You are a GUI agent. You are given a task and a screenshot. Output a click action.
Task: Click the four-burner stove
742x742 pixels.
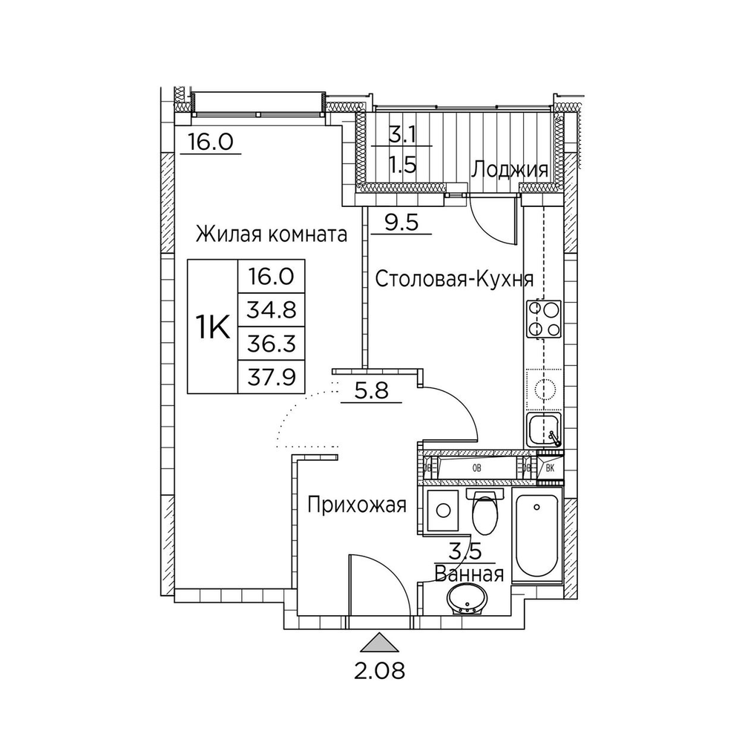(x=543, y=319)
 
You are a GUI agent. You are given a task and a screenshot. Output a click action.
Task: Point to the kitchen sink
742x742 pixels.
(x=543, y=430)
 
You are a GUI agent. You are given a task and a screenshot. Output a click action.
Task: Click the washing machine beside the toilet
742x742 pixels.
(x=442, y=510)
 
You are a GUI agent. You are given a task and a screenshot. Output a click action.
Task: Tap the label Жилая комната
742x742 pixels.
(x=272, y=234)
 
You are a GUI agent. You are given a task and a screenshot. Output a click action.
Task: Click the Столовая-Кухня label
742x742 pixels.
(x=454, y=279)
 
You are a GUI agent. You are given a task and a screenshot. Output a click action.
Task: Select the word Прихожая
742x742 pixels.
(x=357, y=505)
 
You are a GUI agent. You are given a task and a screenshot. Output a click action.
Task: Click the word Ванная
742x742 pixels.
(x=469, y=574)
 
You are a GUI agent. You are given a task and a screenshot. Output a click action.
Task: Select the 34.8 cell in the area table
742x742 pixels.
(x=272, y=310)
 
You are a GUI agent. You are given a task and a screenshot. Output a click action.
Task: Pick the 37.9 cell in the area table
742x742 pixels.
(x=272, y=377)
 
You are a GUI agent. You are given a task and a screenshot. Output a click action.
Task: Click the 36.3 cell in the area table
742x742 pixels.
(x=272, y=344)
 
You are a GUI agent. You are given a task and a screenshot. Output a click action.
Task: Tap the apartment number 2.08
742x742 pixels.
(x=379, y=671)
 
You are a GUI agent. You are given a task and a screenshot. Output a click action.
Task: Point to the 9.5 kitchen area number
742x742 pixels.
(x=401, y=222)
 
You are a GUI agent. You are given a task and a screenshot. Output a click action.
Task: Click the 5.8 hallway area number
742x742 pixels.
(x=372, y=391)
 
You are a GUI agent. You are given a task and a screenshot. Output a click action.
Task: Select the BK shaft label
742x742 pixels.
(x=550, y=468)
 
